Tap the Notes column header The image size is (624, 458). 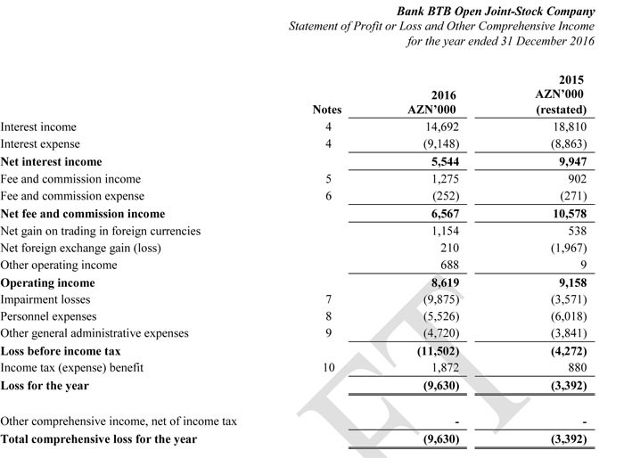tap(327, 110)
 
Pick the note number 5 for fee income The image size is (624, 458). tap(329, 179)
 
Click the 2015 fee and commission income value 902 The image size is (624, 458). tap(576, 179)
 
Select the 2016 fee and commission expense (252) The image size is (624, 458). tap(451, 196)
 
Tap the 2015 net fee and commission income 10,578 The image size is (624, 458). tap(569, 214)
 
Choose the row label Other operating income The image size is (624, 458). tap(59, 265)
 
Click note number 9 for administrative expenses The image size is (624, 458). tap(329, 333)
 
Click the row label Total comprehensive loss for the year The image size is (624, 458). tap(99, 439)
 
